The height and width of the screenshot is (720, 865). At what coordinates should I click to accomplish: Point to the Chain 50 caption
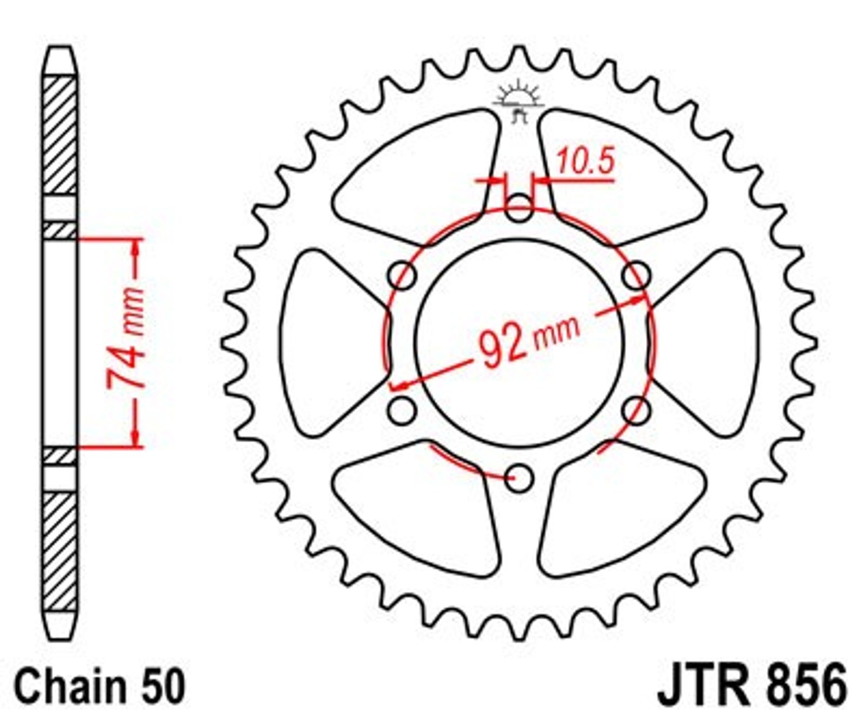click(x=100, y=685)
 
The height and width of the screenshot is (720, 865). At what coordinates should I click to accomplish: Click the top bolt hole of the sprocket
click(x=519, y=208)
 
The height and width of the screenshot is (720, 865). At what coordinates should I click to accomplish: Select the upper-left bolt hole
click(x=402, y=276)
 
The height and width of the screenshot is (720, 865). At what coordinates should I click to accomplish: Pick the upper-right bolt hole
click(x=636, y=276)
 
